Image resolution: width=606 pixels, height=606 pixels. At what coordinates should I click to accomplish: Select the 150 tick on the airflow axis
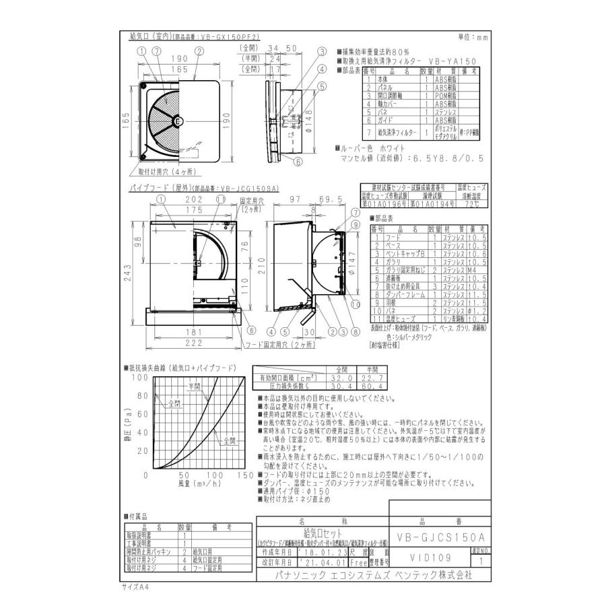(x=246, y=476)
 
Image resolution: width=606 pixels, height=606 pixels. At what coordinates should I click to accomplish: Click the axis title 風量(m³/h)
(x=198, y=483)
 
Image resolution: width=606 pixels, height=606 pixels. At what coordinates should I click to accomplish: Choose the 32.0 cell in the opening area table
(x=342, y=378)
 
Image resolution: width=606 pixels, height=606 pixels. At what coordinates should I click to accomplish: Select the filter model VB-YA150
(x=461, y=61)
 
